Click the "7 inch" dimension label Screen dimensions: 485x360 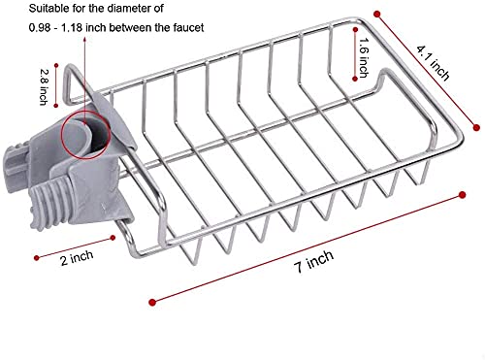(314, 261)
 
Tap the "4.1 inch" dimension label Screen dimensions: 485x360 (434, 63)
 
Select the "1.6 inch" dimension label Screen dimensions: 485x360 (364, 58)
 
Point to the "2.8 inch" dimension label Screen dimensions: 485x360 (44, 87)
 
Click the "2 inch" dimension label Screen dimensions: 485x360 (77, 258)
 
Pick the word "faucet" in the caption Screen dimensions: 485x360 (189, 27)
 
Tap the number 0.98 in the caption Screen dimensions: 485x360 (40, 28)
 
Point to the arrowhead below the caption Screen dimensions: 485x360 (85, 39)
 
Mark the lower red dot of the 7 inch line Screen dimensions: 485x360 (152, 302)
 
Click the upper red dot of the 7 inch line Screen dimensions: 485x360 (463, 195)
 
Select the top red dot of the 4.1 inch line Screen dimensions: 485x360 (377, 14)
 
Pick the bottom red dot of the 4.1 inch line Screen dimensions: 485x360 (476, 127)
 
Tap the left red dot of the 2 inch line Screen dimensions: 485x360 (36, 258)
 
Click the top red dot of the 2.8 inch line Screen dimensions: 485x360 (56, 65)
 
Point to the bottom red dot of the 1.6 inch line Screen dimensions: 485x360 (355, 79)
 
